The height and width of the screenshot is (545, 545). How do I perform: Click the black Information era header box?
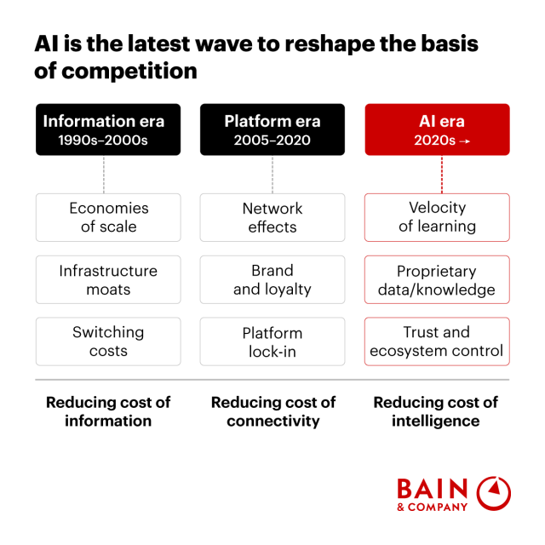point(108,129)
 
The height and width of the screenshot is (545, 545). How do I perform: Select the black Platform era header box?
point(272,129)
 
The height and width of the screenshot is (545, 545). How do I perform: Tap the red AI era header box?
point(437,129)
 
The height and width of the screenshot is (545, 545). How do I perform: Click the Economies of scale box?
point(108,217)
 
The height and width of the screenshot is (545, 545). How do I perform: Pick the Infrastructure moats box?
point(108,279)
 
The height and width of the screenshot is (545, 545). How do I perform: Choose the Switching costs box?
point(108,341)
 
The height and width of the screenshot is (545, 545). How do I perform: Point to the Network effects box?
point(272,217)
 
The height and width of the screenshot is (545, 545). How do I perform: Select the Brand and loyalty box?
point(272,279)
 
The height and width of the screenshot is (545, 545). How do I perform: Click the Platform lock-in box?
point(272,341)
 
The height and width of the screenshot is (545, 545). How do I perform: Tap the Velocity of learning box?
point(437,217)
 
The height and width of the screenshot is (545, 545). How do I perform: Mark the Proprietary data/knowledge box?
point(437,279)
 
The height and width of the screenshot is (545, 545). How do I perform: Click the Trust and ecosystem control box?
point(437,341)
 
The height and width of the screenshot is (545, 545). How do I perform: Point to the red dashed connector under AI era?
point(442,175)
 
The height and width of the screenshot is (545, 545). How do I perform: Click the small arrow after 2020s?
point(464,141)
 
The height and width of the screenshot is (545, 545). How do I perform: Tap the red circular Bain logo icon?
point(493,493)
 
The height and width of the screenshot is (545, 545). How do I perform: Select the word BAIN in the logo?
point(433,489)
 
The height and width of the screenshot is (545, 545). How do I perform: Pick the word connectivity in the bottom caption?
point(273,421)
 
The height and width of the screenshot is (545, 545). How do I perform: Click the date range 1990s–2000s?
point(103,141)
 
